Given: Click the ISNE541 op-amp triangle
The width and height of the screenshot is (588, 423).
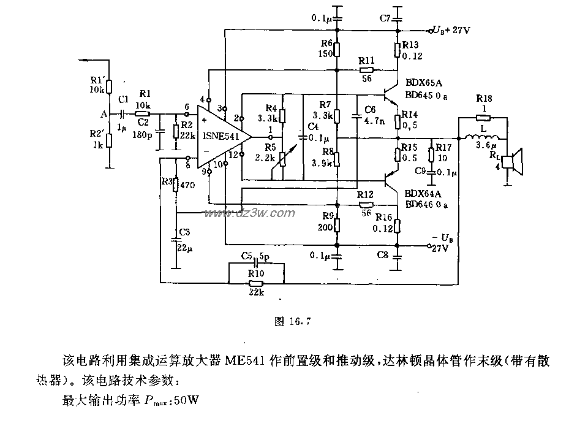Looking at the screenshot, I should [221, 136].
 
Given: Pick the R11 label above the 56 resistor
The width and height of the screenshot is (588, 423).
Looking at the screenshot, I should [367, 60].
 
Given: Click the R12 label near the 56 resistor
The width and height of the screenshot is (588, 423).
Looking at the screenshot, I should [366, 194].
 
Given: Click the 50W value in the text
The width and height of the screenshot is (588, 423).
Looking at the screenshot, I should [186, 402].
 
